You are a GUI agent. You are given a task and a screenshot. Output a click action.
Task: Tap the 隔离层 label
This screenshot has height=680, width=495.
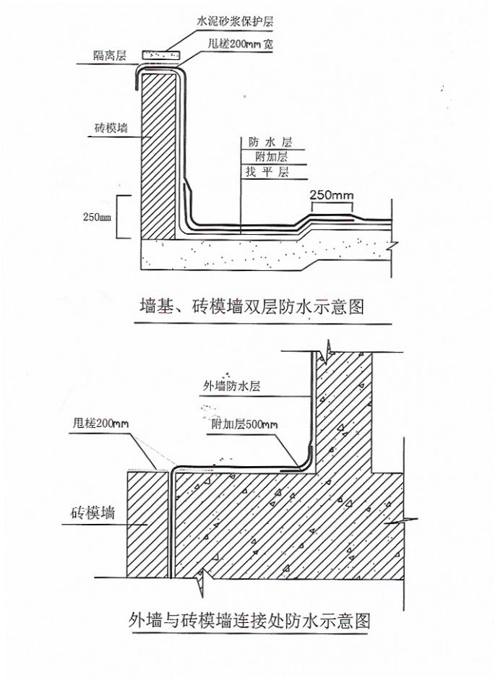click(x=111, y=57)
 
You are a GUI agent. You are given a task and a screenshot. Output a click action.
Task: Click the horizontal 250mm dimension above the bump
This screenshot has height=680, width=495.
click(x=331, y=194)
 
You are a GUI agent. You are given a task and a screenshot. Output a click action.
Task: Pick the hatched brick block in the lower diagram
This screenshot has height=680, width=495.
click(x=147, y=524)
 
